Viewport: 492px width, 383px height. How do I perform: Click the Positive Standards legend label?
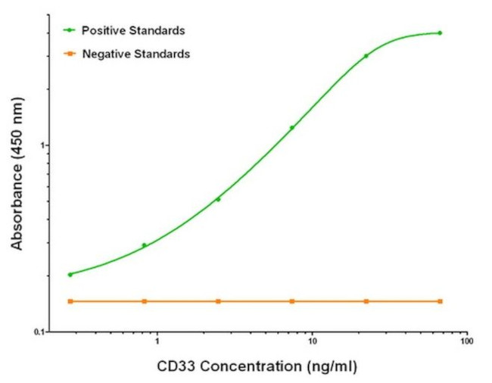(133, 30)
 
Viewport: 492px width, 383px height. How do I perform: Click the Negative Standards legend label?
(136, 54)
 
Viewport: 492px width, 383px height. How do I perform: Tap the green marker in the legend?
(70, 30)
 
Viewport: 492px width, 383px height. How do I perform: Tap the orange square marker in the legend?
(70, 54)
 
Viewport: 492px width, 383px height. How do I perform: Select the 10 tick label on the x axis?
(312, 341)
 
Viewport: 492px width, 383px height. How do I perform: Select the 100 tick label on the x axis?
(466, 341)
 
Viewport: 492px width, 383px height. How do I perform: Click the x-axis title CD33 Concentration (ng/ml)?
(256, 367)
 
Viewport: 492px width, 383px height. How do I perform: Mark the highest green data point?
(440, 33)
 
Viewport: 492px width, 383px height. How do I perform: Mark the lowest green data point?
(70, 275)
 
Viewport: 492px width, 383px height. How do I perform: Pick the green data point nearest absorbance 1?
(292, 127)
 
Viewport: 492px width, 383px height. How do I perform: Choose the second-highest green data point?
(366, 56)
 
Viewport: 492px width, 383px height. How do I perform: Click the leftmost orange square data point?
(70, 301)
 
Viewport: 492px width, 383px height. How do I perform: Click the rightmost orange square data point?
(440, 301)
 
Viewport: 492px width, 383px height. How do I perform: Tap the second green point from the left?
(144, 245)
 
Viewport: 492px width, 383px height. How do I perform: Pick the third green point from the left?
(218, 199)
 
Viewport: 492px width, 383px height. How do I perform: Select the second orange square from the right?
(366, 301)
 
